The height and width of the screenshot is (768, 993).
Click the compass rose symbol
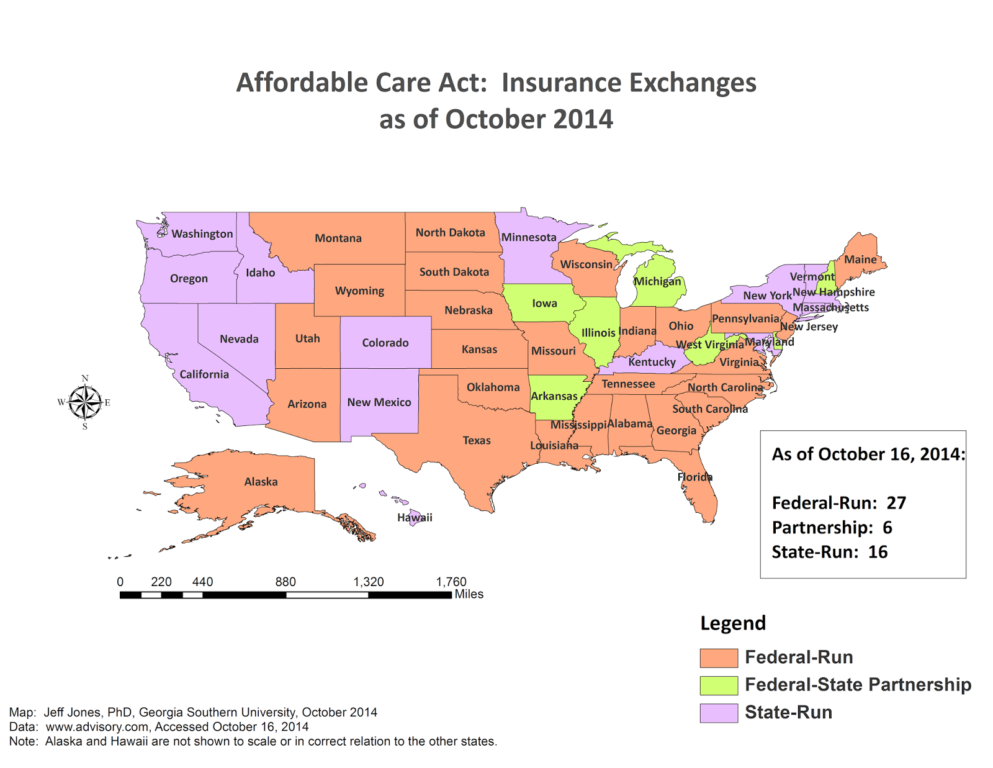[x=85, y=402]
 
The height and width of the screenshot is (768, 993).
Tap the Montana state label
[x=338, y=238]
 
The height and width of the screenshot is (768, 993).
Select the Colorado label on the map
[x=385, y=343]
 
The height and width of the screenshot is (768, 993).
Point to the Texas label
[x=477, y=441]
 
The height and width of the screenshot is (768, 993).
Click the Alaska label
[x=261, y=482]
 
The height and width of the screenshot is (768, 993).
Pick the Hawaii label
[x=415, y=518]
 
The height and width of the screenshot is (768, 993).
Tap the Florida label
[x=694, y=477]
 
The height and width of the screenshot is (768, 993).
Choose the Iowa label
[x=544, y=304]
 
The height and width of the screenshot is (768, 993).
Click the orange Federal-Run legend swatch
[x=719, y=657]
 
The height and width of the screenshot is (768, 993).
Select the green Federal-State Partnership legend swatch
[x=719, y=685]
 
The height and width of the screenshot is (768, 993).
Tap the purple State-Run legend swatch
[x=719, y=713]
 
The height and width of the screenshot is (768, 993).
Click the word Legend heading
[x=733, y=623]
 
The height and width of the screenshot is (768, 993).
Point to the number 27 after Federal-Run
[x=896, y=503]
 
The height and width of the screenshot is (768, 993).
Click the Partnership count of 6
[x=887, y=528]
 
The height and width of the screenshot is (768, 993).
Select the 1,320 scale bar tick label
[x=369, y=582]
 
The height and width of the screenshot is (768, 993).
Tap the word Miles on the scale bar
[x=469, y=594]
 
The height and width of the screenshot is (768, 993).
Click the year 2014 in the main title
[x=582, y=119]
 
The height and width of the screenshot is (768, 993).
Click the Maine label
[x=860, y=260]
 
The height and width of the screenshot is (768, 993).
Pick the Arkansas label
[x=554, y=396]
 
